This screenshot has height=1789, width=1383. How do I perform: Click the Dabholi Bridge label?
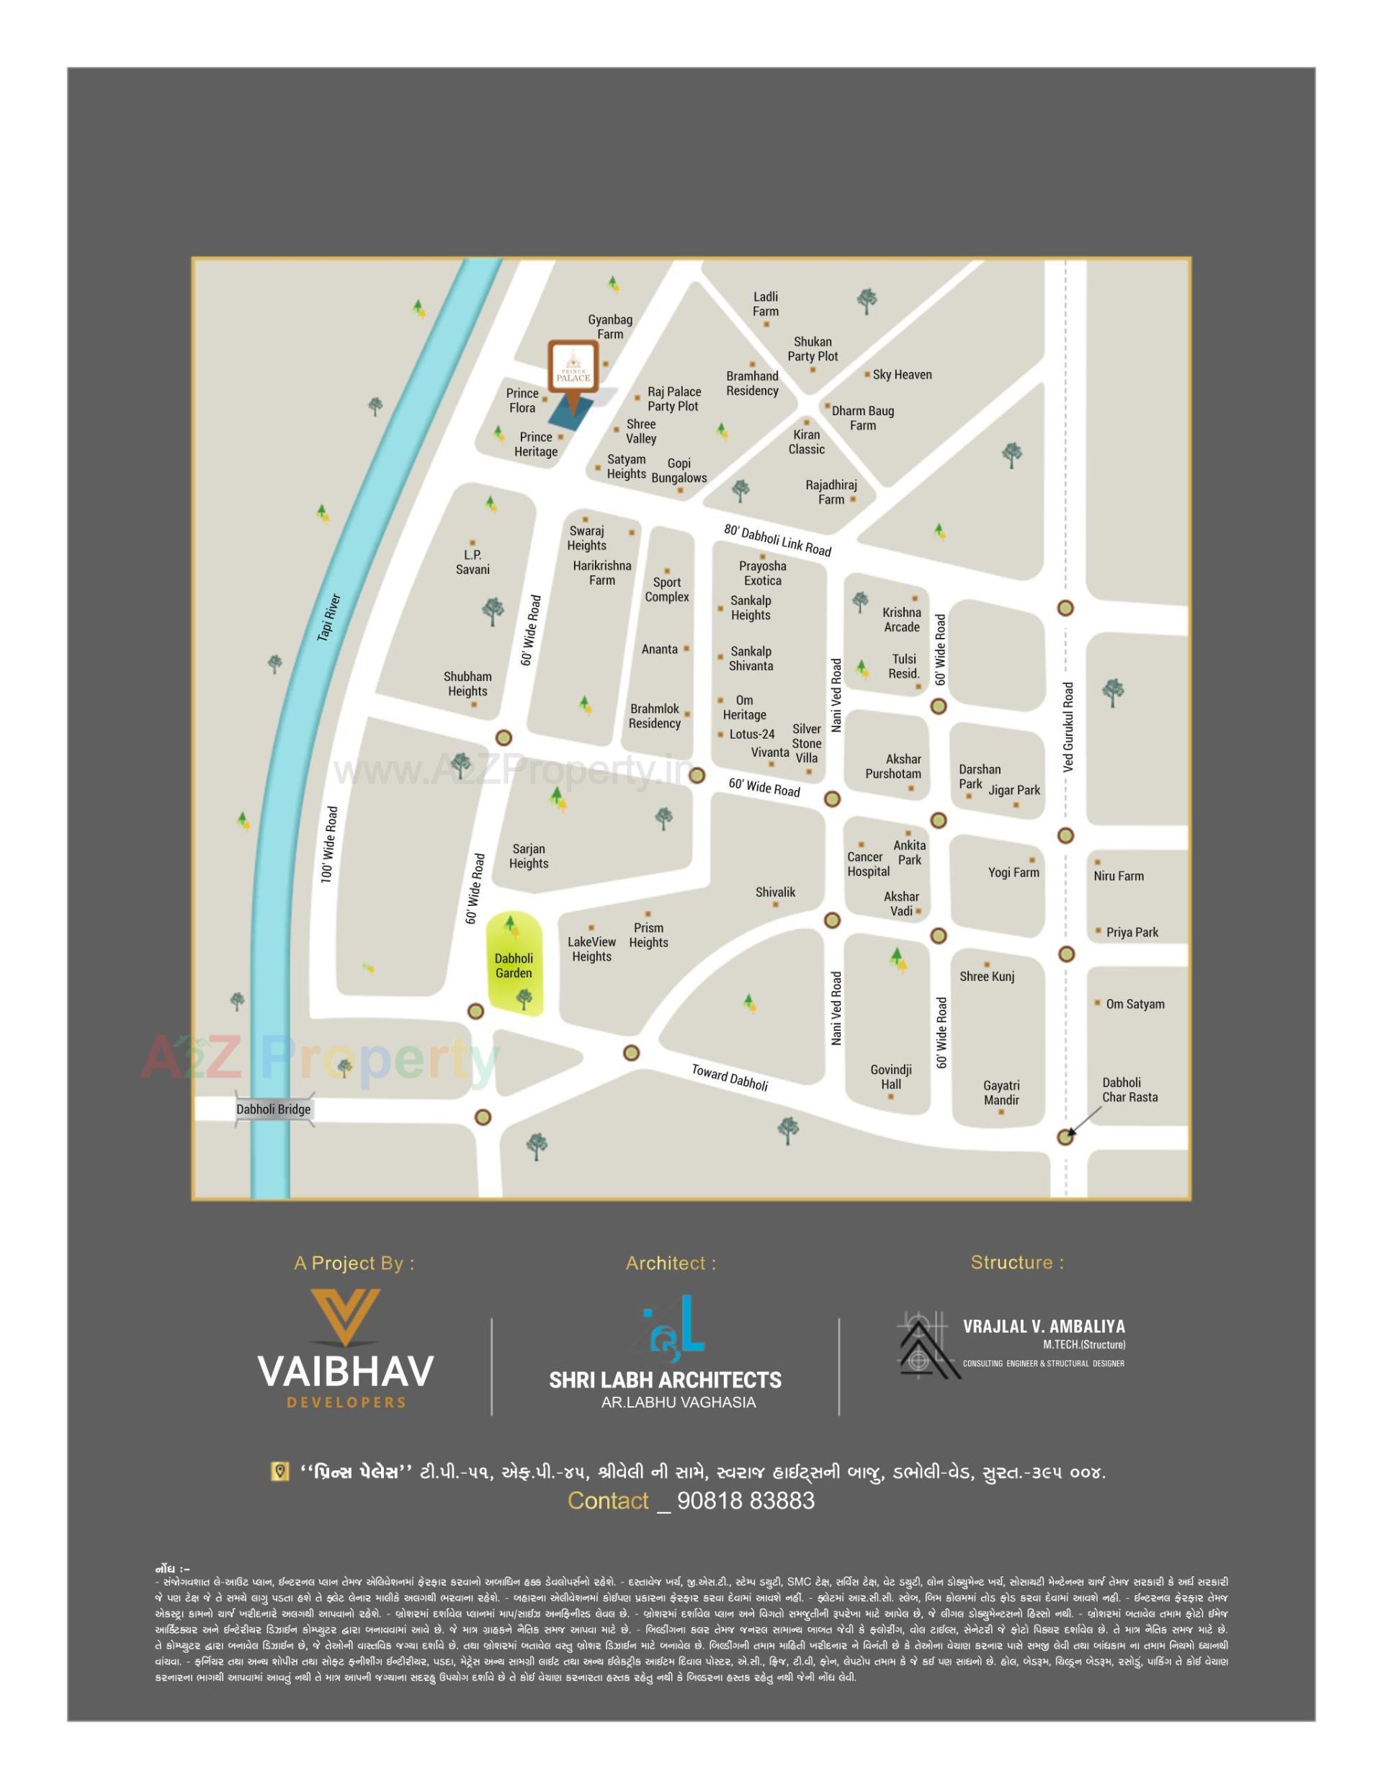point(274,1109)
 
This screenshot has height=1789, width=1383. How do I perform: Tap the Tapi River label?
point(328,618)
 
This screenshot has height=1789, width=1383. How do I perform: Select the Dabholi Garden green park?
point(514,965)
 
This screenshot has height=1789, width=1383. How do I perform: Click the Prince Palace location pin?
point(573,376)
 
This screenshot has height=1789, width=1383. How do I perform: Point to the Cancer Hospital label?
point(868,864)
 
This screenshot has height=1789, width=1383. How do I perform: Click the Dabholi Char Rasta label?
point(1129,1089)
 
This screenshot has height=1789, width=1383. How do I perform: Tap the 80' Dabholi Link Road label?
point(777,540)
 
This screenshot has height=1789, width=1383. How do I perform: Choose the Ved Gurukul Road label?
point(1068,727)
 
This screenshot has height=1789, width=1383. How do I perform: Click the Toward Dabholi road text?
point(730,1077)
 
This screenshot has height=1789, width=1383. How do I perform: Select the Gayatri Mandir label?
point(1001,1093)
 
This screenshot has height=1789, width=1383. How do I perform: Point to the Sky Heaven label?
point(902,374)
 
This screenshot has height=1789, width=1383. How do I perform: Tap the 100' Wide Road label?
point(329,845)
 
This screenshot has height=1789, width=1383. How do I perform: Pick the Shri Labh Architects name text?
point(665,1380)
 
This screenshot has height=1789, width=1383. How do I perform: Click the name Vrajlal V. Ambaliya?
point(1043,1326)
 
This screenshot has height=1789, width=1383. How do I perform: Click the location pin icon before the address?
point(280,1471)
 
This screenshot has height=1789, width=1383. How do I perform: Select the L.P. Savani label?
point(473,562)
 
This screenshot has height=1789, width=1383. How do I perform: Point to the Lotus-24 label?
point(752,734)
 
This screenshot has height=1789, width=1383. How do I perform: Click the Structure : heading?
point(1017,1262)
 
